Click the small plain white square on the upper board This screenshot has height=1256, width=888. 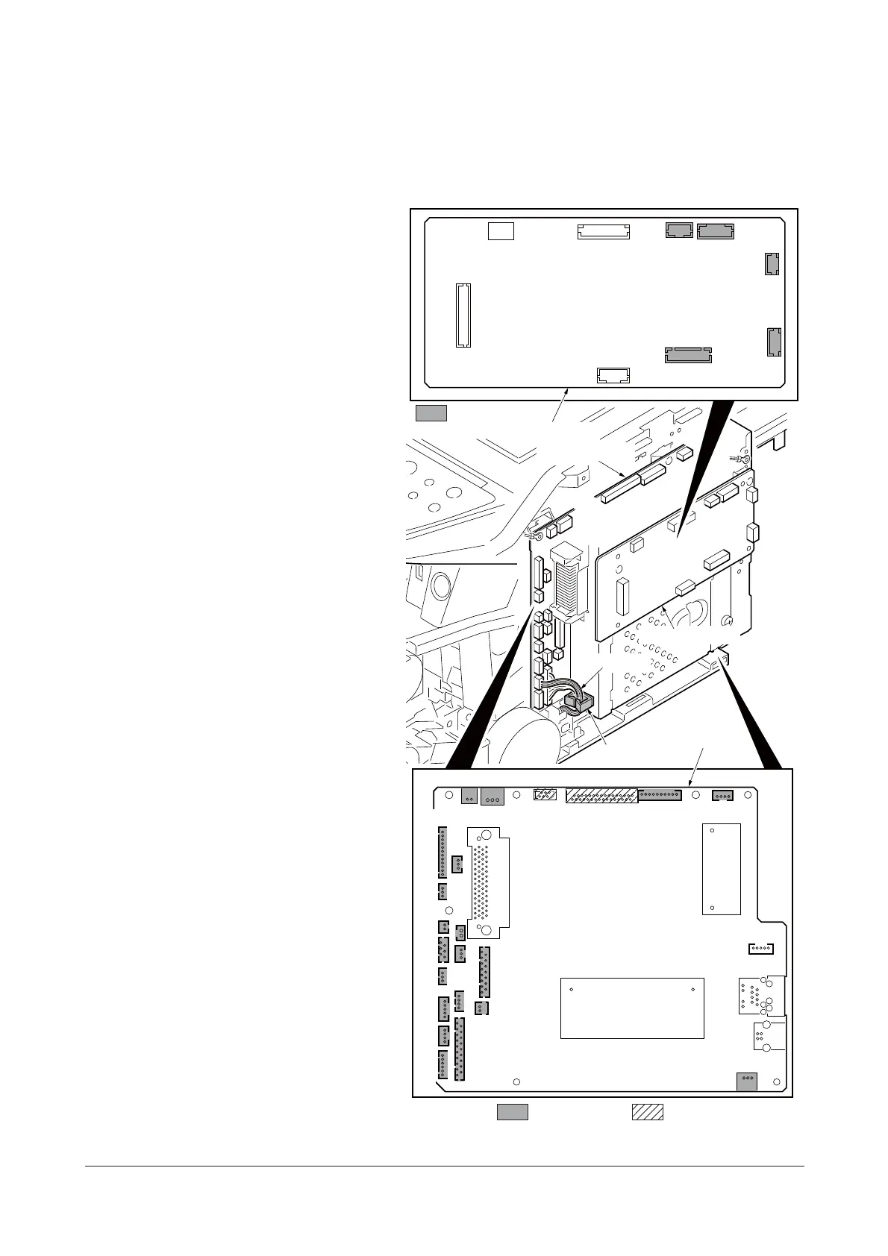501,230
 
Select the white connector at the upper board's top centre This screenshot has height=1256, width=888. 603,231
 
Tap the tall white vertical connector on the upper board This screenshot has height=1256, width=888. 463,315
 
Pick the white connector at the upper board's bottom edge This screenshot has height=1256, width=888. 613,374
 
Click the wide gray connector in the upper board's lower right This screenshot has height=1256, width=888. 688,354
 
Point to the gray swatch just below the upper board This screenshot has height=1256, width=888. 431,413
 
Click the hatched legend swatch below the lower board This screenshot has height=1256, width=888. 648,1111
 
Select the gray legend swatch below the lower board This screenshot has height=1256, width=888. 513,1111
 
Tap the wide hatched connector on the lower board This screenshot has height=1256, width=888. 601,795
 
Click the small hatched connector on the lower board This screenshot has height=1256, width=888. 545,794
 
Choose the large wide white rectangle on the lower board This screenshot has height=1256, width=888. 632,1008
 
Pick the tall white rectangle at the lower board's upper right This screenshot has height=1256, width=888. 721,868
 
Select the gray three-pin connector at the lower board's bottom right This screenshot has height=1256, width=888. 746,1081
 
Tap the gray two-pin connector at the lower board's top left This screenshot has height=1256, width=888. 469,796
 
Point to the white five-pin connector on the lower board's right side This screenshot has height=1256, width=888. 760,949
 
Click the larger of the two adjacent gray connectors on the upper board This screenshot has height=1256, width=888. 716,231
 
